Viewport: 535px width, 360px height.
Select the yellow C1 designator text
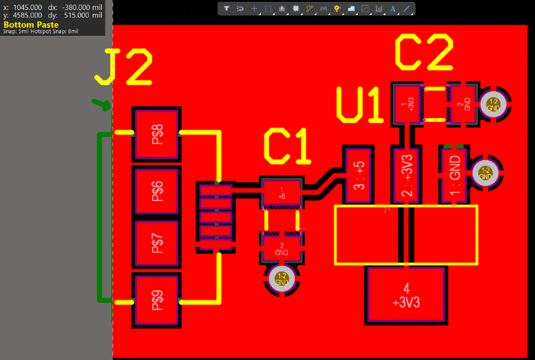[287, 148]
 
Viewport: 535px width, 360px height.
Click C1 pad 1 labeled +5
[282, 194]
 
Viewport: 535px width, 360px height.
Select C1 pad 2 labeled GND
[282, 248]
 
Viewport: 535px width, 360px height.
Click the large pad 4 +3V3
[406, 295]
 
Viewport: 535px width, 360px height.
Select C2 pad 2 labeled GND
[463, 104]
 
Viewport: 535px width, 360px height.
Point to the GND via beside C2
[493, 104]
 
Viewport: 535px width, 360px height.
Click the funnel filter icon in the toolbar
[226, 9]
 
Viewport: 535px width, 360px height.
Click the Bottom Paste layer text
[31, 25]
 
